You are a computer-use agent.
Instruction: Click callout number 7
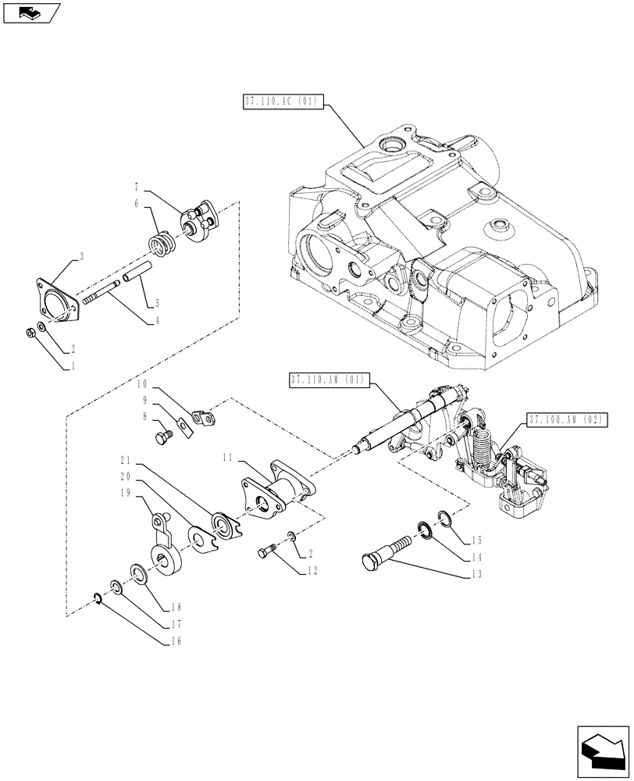coord(137,187)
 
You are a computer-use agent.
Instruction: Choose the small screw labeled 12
coord(266,553)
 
